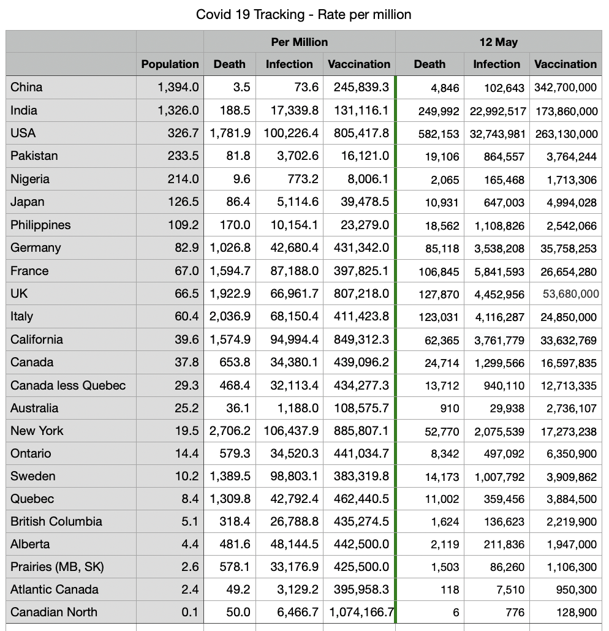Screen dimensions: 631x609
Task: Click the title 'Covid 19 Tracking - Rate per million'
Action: pyautogui.click(x=303, y=14)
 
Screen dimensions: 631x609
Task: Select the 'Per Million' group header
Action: pyautogui.click(x=299, y=42)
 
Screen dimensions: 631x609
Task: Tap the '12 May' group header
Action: pyautogui.click(x=498, y=42)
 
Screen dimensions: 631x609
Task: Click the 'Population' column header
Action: pyautogui.click(x=170, y=64)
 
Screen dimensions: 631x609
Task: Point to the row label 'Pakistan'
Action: pyautogui.click(x=34, y=156)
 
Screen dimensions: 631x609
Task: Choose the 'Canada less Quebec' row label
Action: pyautogui.click(x=68, y=385)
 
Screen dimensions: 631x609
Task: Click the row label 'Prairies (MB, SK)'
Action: pyautogui.click(x=57, y=567)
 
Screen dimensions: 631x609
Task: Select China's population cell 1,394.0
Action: pyautogui.click(x=178, y=88)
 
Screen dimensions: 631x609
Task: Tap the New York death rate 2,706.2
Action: pyautogui.click(x=230, y=431)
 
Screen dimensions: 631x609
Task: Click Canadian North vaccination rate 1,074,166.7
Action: pyautogui.click(x=361, y=613)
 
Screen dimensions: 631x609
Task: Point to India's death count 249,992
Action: pyautogui.click(x=438, y=111)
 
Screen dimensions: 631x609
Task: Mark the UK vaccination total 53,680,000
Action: pyautogui.click(x=570, y=294)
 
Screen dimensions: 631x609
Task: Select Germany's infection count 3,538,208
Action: pyautogui.click(x=499, y=249)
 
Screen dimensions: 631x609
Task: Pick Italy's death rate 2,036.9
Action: pyautogui.click(x=230, y=317)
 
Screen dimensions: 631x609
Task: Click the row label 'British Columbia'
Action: pyautogui.click(x=56, y=522)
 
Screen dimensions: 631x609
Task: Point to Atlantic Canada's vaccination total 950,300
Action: pyautogui.click(x=575, y=590)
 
